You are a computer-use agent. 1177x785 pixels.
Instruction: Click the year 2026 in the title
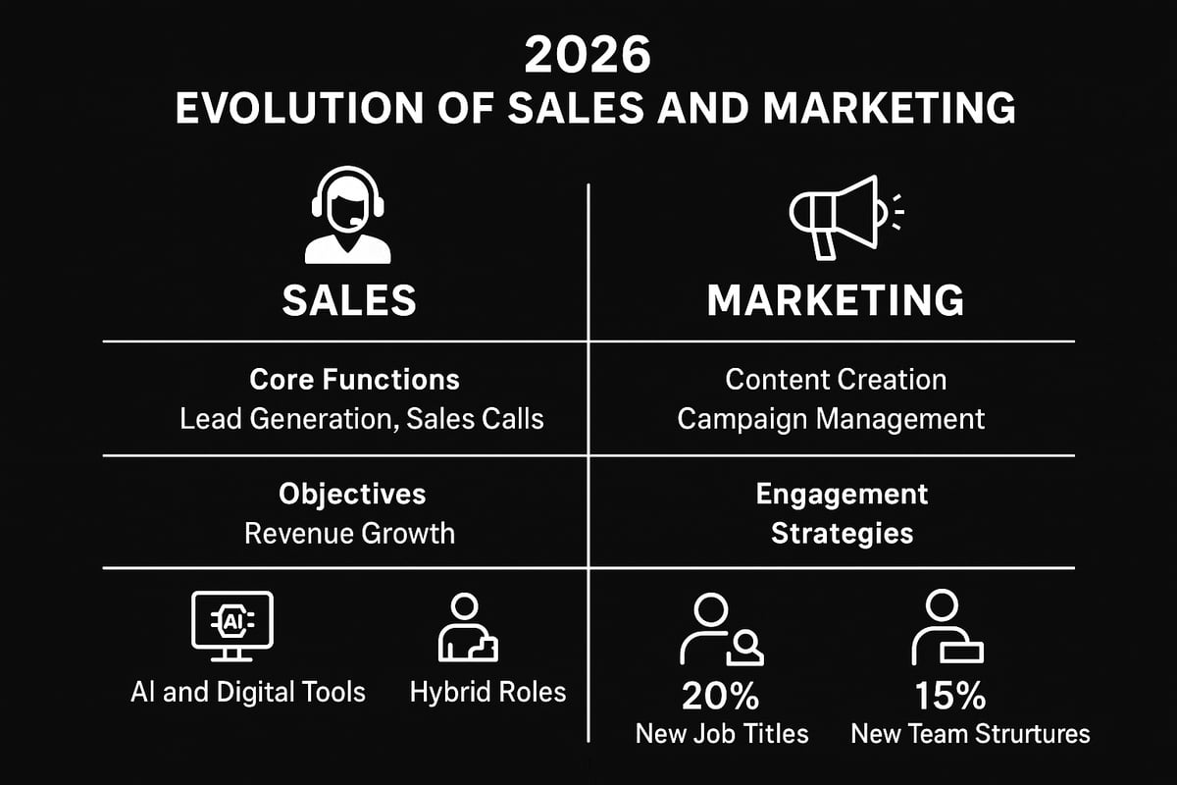(x=588, y=58)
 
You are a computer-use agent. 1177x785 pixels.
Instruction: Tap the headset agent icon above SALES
(x=348, y=216)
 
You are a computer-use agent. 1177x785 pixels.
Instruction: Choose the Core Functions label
(x=354, y=379)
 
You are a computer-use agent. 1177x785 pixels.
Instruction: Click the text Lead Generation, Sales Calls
(x=362, y=419)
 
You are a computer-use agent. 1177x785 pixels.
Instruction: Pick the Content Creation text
(x=836, y=379)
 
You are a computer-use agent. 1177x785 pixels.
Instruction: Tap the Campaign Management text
(x=831, y=419)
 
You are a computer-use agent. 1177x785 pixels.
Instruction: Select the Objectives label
(x=352, y=493)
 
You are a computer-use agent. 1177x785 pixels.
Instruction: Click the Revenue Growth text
(x=349, y=533)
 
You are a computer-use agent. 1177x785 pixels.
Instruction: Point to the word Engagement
(x=842, y=493)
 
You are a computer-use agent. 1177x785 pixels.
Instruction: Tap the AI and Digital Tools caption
(x=247, y=691)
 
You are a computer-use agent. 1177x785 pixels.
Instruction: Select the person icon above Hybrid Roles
(x=467, y=628)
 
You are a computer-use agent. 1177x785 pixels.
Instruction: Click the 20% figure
(x=721, y=696)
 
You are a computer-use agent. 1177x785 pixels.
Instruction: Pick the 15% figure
(x=949, y=696)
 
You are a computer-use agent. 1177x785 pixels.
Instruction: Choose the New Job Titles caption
(x=722, y=733)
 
